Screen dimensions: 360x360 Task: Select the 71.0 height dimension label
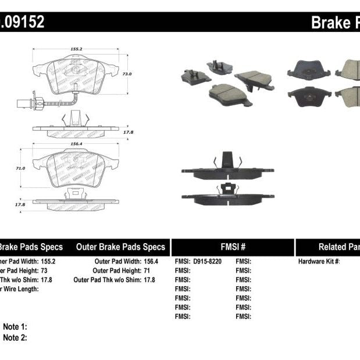pyautogui.click(x=21, y=167)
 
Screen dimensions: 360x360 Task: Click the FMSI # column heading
pyautogui.click(x=232, y=247)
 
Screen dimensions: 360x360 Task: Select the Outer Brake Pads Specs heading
pyautogui.click(x=120, y=247)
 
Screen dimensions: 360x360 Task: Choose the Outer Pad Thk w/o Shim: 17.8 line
pyautogui.click(x=115, y=280)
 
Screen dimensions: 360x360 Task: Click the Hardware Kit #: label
pyautogui.click(x=319, y=262)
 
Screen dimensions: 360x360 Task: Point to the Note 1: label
pyautogui.click(x=15, y=327)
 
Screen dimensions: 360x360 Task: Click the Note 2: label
pyautogui.click(x=15, y=337)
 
